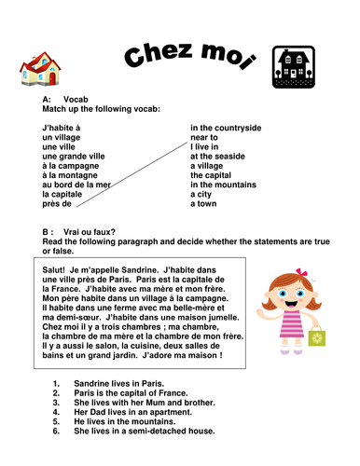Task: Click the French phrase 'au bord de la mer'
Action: coord(74,184)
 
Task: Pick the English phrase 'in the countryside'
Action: coord(226,128)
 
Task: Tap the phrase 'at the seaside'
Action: coord(219,156)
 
